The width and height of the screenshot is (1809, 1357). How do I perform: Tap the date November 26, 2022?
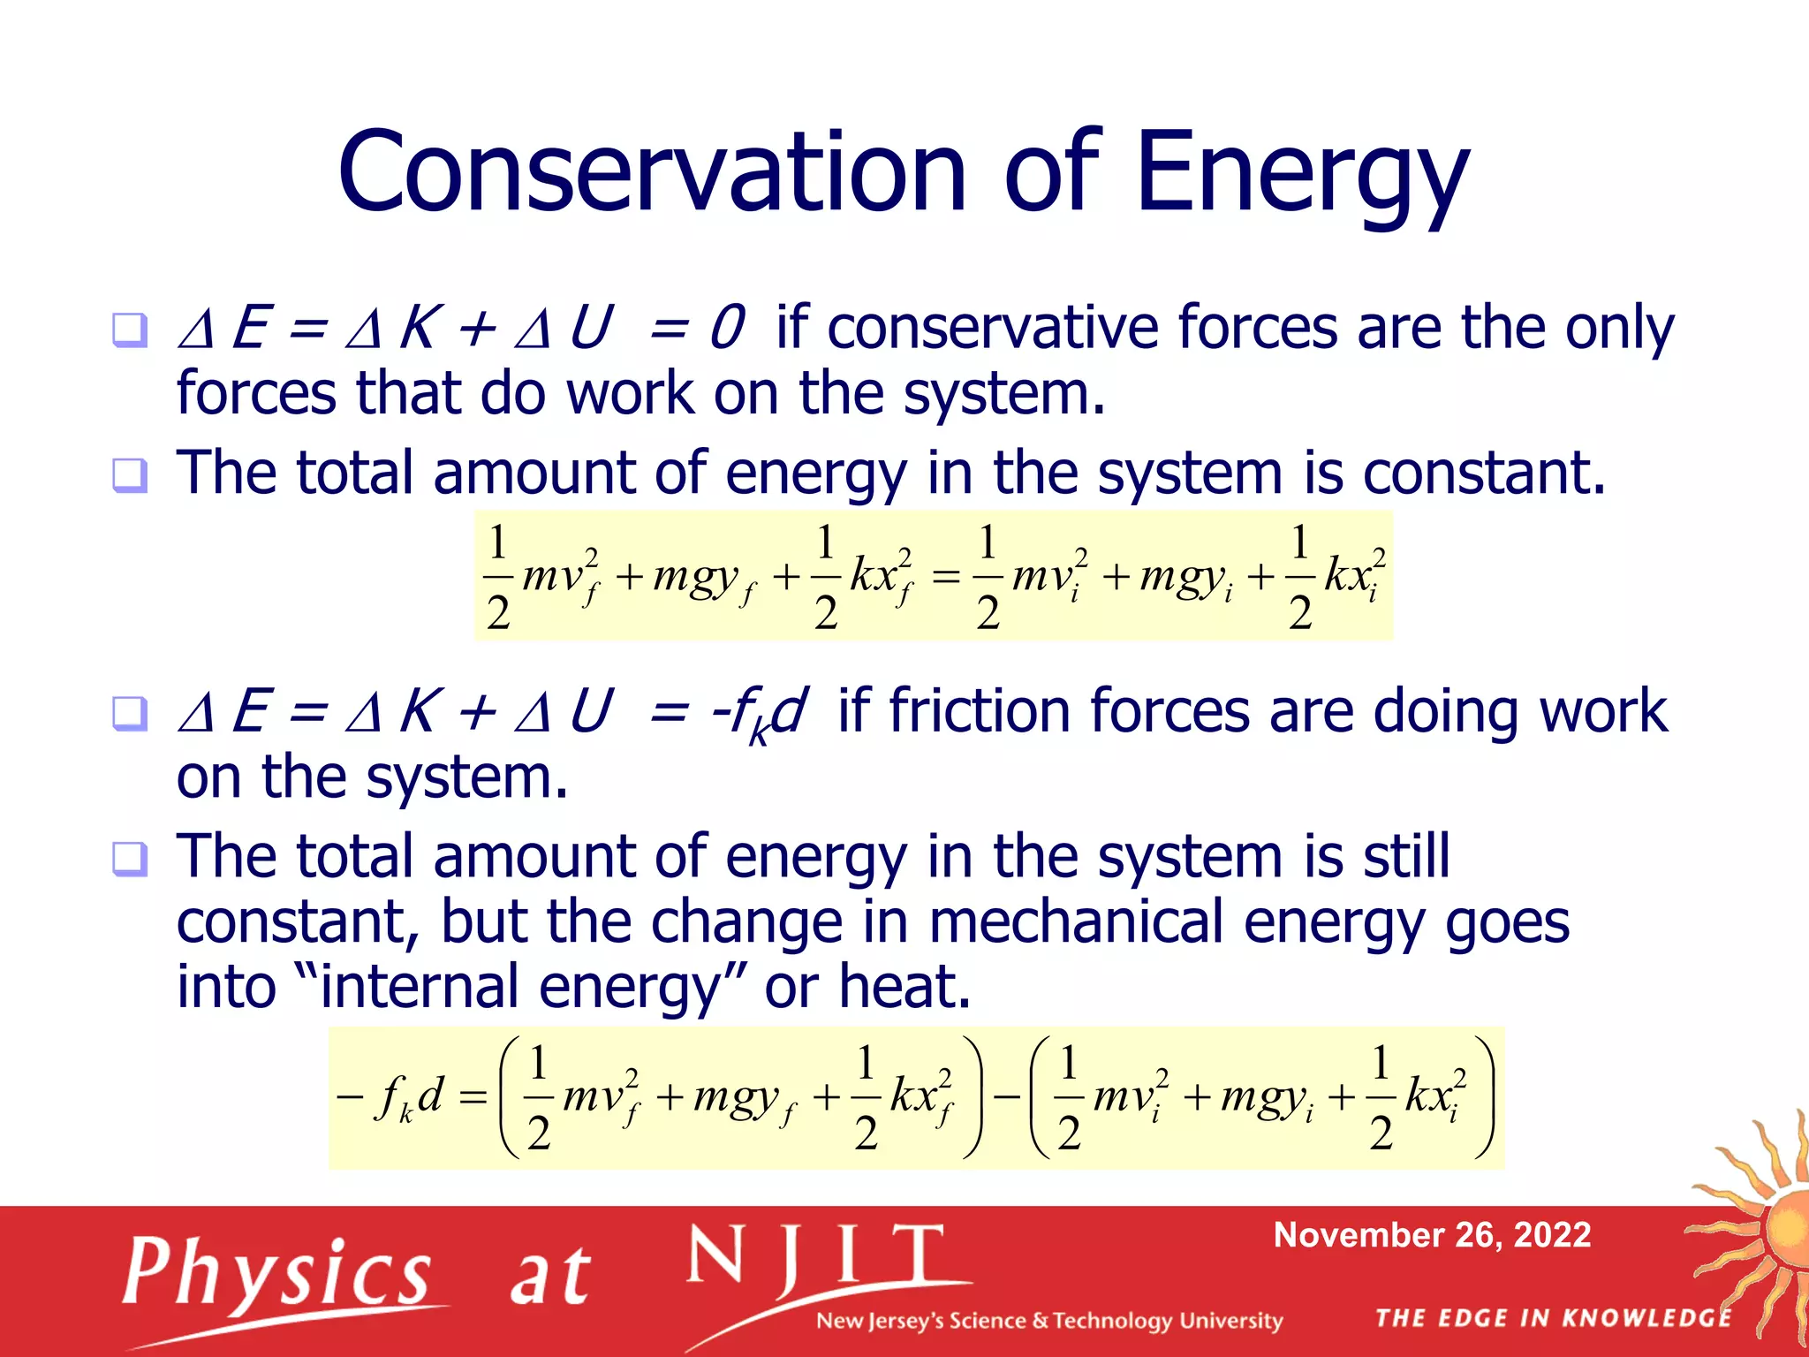(1432, 1234)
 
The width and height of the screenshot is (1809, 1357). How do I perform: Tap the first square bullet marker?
(130, 330)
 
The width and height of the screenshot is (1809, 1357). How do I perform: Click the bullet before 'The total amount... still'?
(130, 858)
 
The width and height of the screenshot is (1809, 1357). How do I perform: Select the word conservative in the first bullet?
(993, 329)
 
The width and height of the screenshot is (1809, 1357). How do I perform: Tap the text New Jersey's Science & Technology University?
(1048, 1321)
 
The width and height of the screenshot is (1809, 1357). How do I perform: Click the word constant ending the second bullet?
(1481, 474)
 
